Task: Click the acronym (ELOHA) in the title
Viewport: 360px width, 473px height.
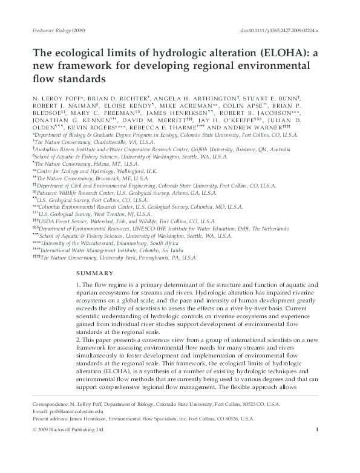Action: (287, 53)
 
